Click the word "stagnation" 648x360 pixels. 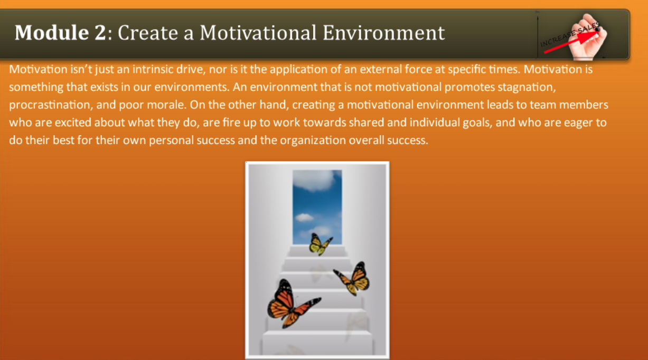click(x=527, y=87)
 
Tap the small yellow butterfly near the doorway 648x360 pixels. click(x=320, y=244)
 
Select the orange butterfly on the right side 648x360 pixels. click(x=352, y=279)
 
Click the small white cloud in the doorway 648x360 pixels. click(x=304, y=217)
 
